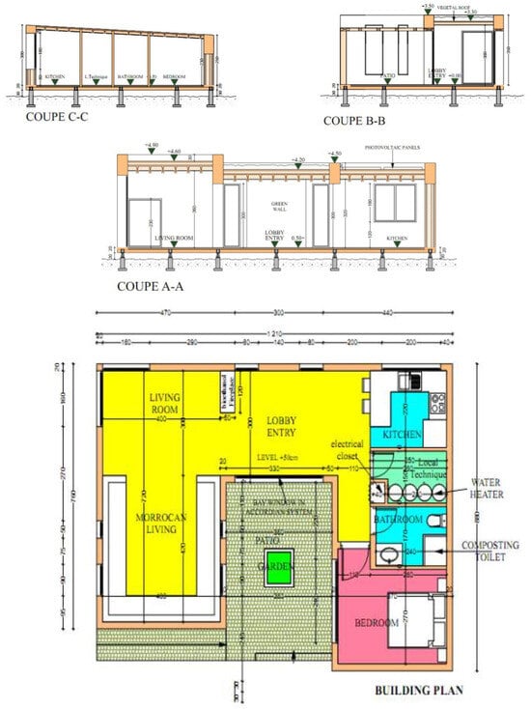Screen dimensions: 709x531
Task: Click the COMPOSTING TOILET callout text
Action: pos(490,552)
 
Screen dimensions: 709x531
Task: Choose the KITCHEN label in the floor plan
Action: pos(403,436)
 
